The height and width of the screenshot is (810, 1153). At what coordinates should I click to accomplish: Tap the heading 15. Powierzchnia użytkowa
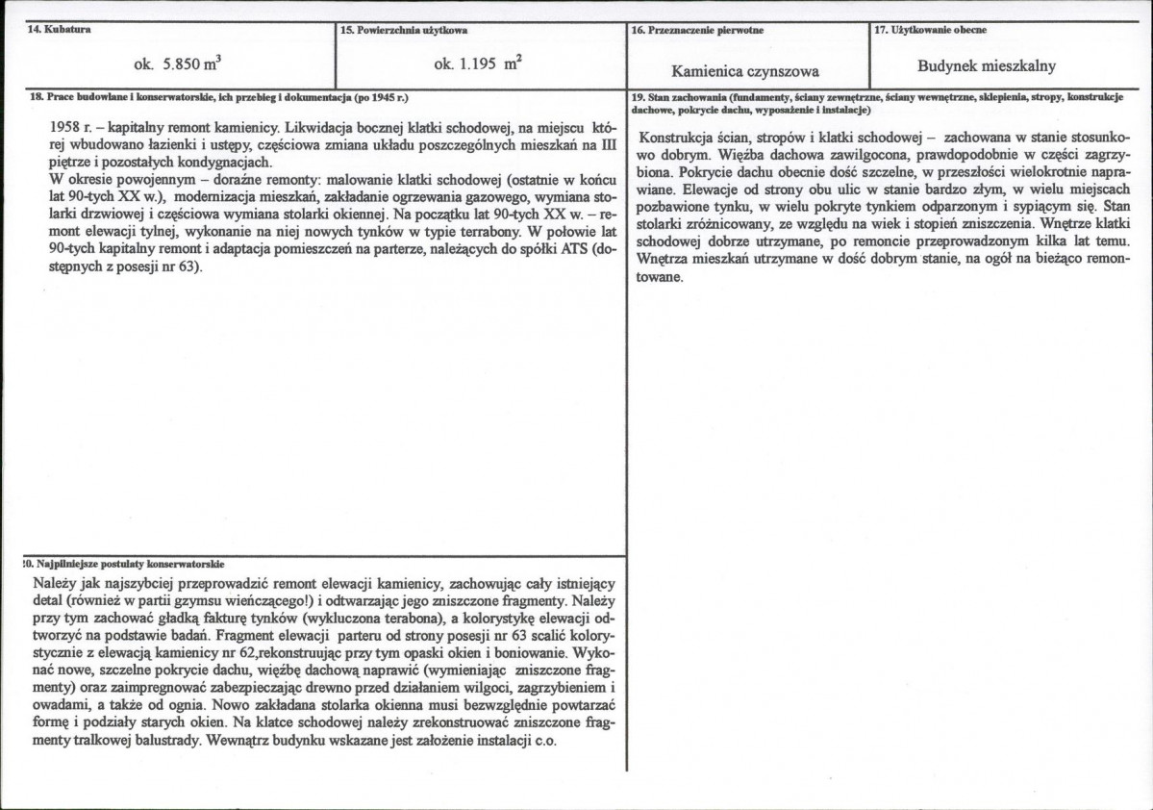404,30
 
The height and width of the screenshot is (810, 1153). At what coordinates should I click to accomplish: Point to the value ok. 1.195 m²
478,66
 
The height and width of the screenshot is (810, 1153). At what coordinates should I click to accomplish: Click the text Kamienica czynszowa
745,70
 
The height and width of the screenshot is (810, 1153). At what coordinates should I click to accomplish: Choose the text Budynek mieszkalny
1000,66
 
